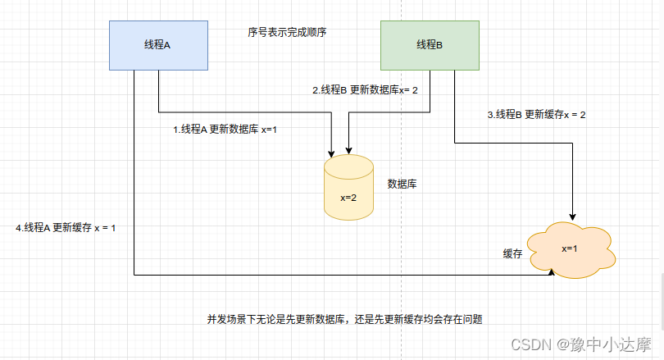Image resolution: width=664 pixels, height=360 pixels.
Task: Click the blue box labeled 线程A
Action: (157, 44)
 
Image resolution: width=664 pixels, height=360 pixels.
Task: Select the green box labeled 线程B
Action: (430, 44)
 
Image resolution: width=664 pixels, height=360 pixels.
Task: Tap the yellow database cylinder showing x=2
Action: (348, 189)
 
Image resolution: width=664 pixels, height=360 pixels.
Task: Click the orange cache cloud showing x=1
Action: (572, 248)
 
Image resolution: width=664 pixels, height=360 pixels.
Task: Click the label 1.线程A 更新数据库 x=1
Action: (225, 130)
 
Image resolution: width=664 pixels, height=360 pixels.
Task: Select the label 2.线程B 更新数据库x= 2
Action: (365, 89)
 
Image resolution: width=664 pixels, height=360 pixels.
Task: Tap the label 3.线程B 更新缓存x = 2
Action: (536, 115)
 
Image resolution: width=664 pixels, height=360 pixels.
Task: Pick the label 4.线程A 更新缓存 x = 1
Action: (66, 227)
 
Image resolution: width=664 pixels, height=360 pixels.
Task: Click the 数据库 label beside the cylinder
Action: (402, 184)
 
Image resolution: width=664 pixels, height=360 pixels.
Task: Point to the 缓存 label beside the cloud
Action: (512, 253)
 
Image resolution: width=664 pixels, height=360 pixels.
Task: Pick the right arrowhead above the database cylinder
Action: (348, 151)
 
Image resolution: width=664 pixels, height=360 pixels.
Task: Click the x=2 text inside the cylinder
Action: (348, 198)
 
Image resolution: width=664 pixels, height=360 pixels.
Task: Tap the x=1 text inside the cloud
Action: (571, 248)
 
